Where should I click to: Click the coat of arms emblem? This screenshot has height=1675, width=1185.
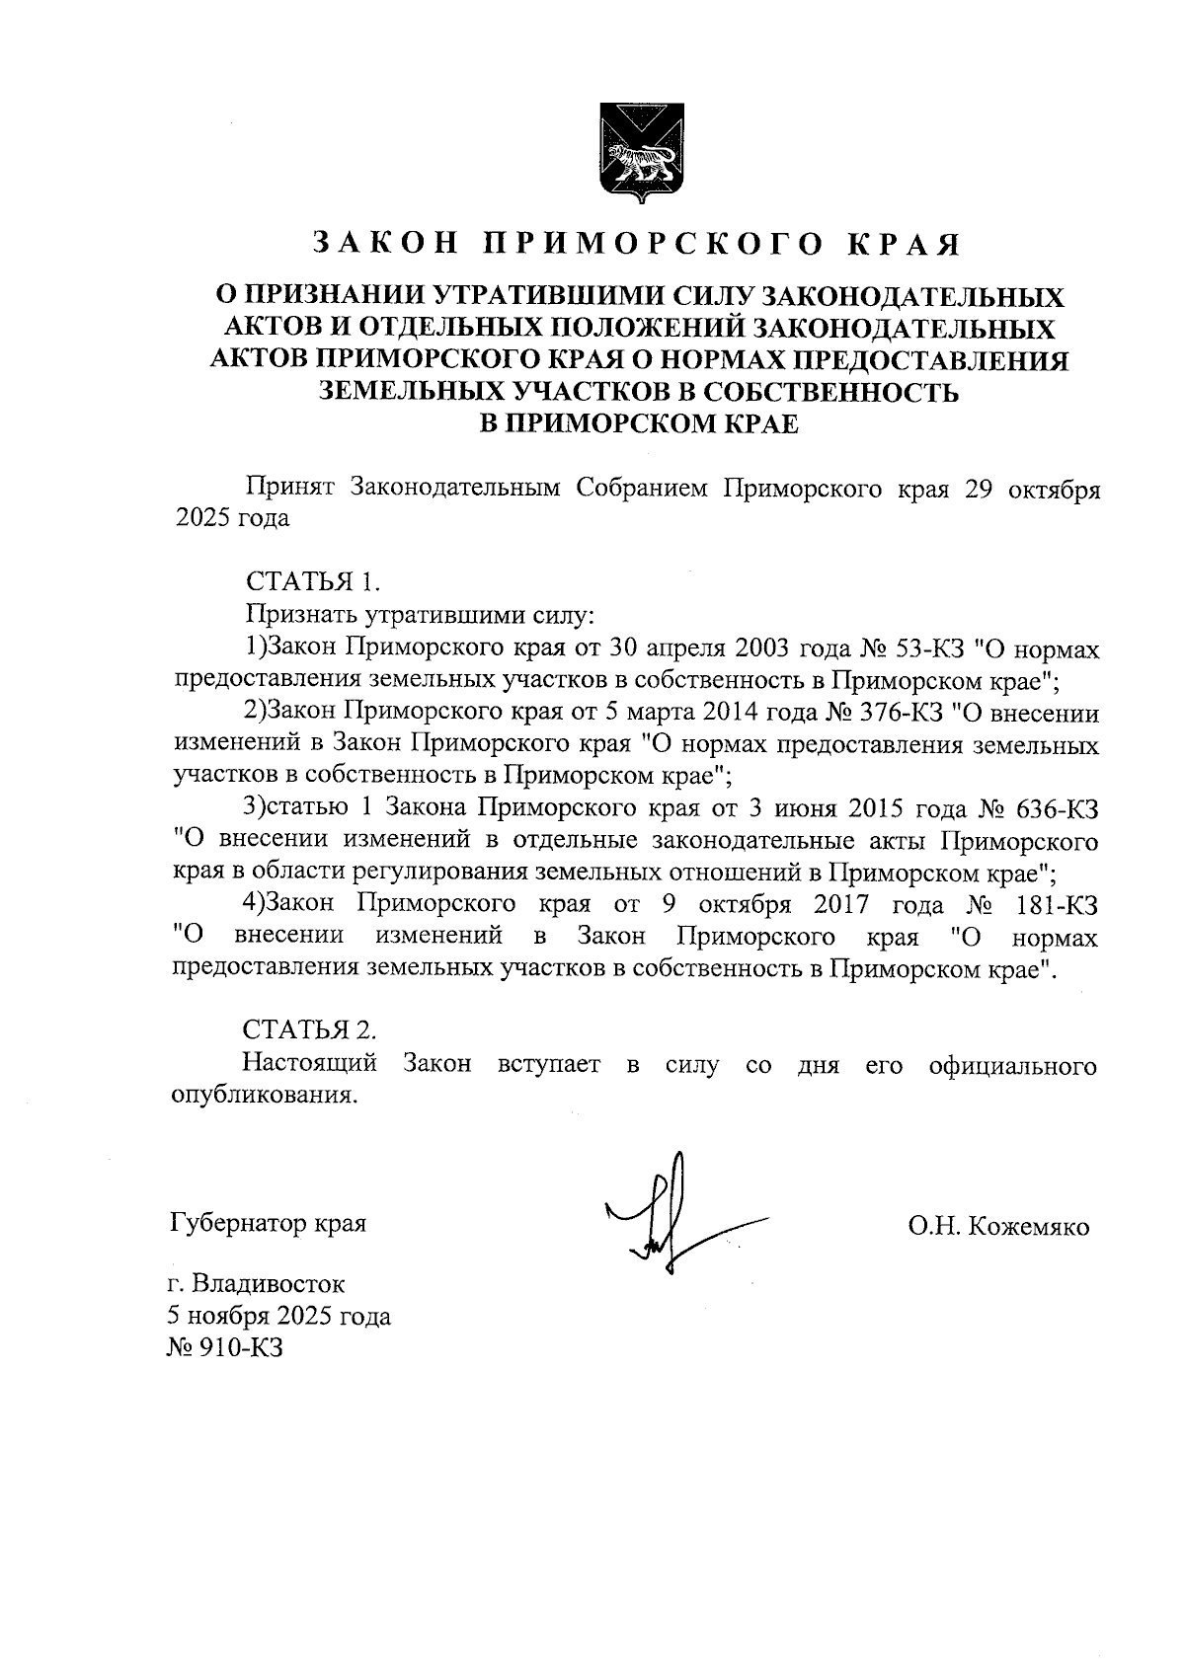click(x=637, y=151)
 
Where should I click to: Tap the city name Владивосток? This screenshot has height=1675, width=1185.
click(x=268, y=1285)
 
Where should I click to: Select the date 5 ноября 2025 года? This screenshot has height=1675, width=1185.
click(x=279, y=1317)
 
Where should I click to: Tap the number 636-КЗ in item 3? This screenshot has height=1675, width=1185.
click(x=1058, y=808)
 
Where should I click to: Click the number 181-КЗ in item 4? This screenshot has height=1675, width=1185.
click(x=1058, y=904)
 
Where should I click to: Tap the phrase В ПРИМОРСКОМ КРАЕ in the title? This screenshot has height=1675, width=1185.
click(x=637, y=425)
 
